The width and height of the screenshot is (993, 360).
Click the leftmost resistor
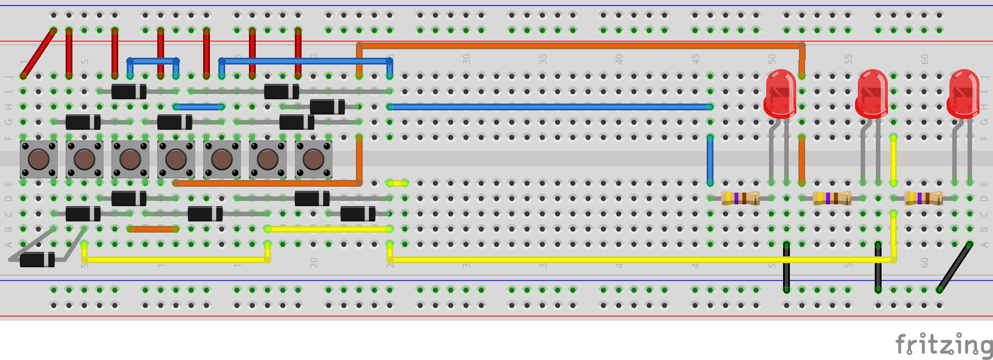pyautogui.click(x=740, y=198)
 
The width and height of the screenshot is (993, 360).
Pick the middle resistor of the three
pyautogui.click(x=832, y=198)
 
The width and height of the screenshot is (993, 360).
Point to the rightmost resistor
pyautogui.click(x=923, y=198)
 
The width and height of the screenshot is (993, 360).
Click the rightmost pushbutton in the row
pyautogui.click(x=313, y=160)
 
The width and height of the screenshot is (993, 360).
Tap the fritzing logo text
pyautogui.click(x=943, y=344)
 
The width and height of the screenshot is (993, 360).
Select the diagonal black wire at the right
pyautogui.click(x=954, y=267)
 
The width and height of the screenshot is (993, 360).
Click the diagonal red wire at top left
pyautogui.click(x=38, y=53)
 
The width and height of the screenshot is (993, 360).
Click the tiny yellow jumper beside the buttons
pyautogui.click(x=397, y=183)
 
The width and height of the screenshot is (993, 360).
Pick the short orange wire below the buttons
pyautogui.click(x=153, y=229)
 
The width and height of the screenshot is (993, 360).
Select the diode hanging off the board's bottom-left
pyautogui.click(x=37, y=260)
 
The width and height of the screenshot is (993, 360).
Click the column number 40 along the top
pyautogui.click(x=619, y=59)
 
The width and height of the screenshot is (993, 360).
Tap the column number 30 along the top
pyautogui.click(x=466, y=59)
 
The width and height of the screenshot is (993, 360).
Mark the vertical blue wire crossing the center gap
pyautogui.click(x=710, y=160)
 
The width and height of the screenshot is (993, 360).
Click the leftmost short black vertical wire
pyautogui.click(x=786, y=267)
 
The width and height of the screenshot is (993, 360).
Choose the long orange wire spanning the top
pyautogui.click(x=580, y=45)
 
